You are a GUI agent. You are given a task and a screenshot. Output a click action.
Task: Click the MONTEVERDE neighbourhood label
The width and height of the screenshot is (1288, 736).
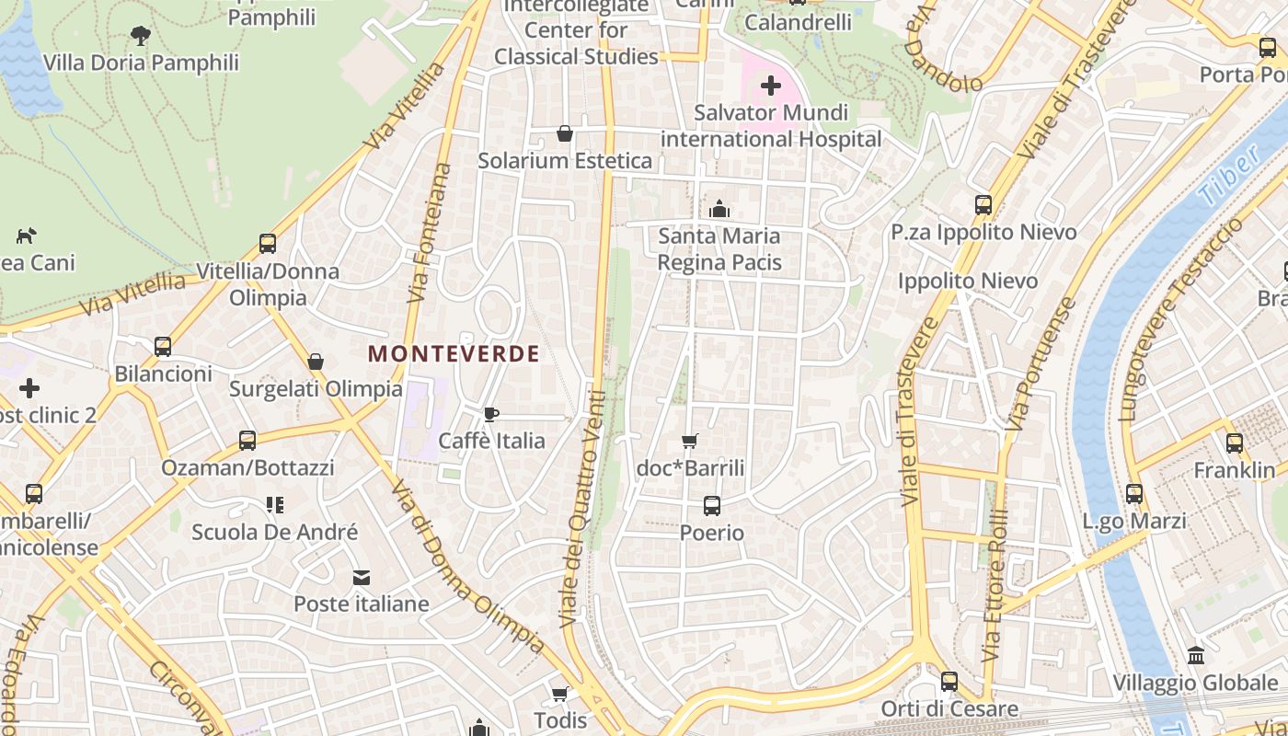[x=454, y=353]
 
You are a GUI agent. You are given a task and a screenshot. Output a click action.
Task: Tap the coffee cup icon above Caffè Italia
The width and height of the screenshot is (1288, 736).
[x=490, y=414]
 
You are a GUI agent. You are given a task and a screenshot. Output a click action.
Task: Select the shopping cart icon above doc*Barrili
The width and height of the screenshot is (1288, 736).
[x=690, y=442]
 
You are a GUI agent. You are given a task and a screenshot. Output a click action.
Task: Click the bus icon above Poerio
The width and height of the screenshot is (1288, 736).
[x=711, y=505]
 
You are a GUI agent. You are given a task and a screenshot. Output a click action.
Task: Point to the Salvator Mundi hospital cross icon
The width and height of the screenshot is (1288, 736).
[x=771, y=86]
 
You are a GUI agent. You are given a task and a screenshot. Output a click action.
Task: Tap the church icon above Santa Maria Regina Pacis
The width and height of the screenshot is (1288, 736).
[x=719, y=209]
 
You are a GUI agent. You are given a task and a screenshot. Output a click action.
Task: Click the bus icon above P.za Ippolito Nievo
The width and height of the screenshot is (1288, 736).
[x=983, y=205]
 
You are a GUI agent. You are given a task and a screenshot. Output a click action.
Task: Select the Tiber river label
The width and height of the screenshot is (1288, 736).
[x=1229, y=177]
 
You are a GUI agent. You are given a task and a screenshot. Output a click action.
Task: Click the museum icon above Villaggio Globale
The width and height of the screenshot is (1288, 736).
[x=1196, y=656]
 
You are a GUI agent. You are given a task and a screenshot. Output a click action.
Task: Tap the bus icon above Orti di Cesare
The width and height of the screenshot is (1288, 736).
[x=949, y=682]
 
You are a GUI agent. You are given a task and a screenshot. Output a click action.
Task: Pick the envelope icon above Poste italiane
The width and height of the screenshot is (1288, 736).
[x=362, y=578]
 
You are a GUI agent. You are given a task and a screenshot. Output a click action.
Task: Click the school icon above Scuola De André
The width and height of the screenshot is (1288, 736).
[x=274, y=505]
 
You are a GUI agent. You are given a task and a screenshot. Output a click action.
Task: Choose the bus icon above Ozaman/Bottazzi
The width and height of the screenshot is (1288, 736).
[x=247, y=441]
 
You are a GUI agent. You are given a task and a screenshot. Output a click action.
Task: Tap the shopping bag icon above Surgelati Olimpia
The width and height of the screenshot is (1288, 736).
[x=316, y=362]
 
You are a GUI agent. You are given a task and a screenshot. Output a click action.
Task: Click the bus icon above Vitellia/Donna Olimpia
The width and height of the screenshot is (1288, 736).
[x=268, y=244]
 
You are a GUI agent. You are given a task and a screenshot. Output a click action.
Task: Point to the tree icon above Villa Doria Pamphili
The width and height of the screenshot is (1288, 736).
[x=141, y=36]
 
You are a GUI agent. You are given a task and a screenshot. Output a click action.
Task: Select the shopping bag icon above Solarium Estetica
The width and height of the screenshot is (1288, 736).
[x=565, y=134]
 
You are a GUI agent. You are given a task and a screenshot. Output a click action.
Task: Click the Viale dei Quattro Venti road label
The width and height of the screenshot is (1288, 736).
[x=582, y=511]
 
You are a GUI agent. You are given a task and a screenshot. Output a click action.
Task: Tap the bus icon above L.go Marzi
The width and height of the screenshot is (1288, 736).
[x=1134, y=494]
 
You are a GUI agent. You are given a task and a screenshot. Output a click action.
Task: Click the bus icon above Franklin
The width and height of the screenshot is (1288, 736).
[x=1235, y=443]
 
